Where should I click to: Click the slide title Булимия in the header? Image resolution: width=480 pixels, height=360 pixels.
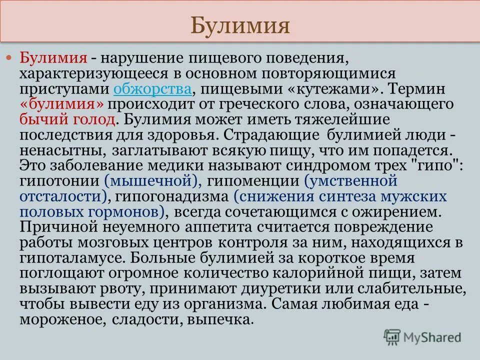pos(240,24)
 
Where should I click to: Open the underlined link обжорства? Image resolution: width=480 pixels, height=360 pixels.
pos(152,89)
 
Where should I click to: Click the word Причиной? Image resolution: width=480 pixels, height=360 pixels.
pos(54,227)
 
